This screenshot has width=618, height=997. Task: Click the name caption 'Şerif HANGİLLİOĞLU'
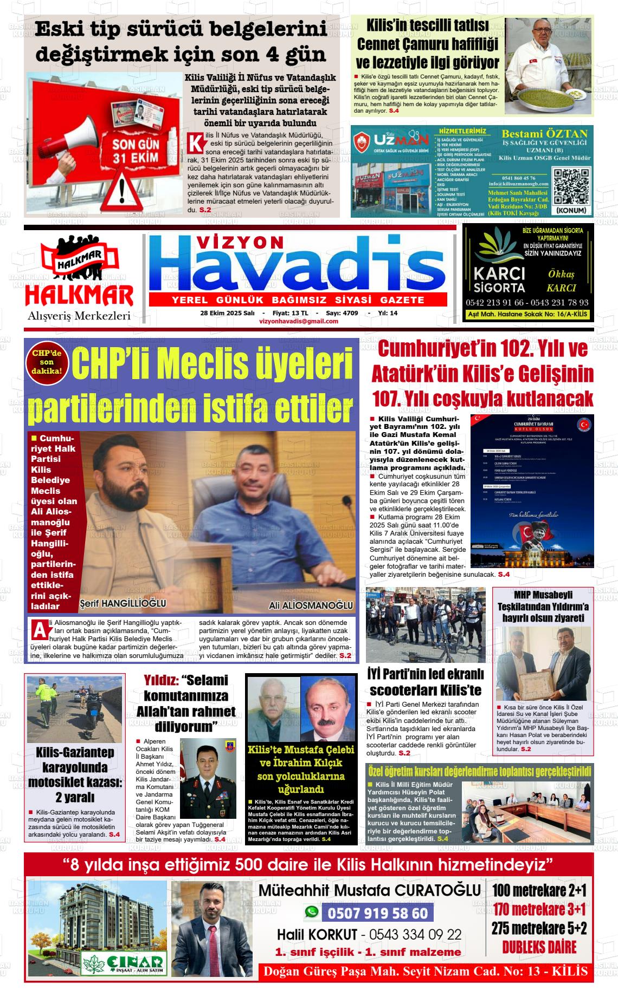coord(123,603)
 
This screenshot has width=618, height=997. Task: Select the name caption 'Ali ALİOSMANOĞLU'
coord(311,605)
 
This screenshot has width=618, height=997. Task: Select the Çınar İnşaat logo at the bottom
coord(123,962)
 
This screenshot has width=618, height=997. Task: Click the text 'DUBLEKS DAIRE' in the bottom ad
coord(539,947)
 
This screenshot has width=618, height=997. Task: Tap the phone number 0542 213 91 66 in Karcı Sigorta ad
coord(494,303)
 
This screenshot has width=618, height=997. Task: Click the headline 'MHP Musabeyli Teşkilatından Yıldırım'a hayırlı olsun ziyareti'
coord(543,607)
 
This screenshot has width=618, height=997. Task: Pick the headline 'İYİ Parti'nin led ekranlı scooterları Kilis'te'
coord(426,682)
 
